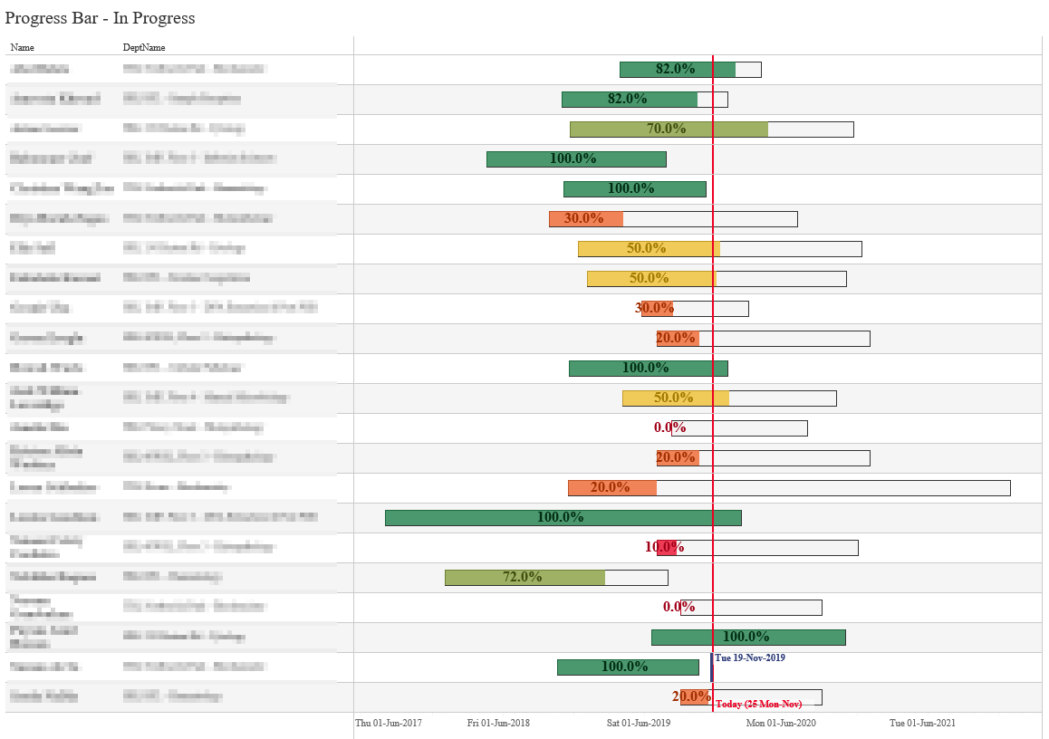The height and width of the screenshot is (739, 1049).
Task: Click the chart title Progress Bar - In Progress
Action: click(x=100, y=18)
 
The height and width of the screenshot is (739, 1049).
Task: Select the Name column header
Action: click(x=22, y=47)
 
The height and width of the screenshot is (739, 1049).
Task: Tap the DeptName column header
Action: click(x=144, y=47)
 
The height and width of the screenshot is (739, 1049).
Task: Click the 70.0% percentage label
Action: click(x=669, y=129)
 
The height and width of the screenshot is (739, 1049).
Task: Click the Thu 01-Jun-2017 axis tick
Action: click(x=388, y=723)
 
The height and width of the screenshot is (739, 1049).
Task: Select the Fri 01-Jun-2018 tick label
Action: click(x=498, y=723)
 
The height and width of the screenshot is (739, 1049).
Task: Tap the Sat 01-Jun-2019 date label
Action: click(x=638, y=723)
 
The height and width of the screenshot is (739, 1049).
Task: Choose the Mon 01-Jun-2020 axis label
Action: click(x=780, y=723)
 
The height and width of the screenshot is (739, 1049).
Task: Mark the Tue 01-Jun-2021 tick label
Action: click(x=921, y=723)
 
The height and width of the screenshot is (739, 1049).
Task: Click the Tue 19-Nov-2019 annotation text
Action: click(x=749, y=657)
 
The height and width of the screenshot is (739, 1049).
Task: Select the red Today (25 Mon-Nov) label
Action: click(x=758, y=705)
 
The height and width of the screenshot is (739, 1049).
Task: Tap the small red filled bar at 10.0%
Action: click(x=667, y=547)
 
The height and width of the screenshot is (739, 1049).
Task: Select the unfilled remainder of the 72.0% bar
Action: click(x=636, y=577)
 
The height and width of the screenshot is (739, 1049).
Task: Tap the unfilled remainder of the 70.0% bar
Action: click(x=811, y=129)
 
